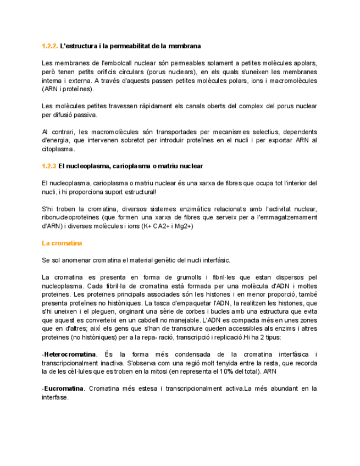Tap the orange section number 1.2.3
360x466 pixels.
(49, 166)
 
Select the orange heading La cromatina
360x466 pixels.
(62, 243)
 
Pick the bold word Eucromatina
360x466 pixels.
(64, 389)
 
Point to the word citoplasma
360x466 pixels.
(58, 149)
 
